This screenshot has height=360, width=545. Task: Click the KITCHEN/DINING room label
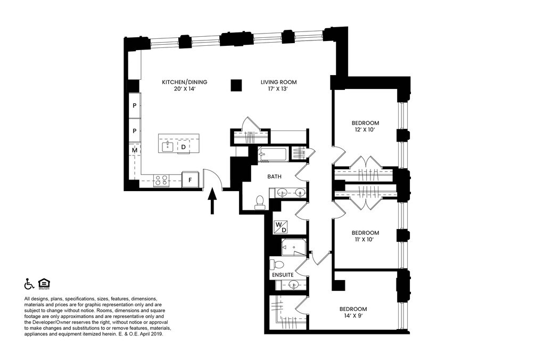tap(184, 82)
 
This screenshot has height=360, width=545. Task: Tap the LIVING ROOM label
tap(278, 82)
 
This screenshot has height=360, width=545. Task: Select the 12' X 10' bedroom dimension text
tap(365, 130)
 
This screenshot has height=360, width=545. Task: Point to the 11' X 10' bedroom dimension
tap(365, 240)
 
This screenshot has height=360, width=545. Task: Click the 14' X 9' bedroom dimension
tap(353, 316)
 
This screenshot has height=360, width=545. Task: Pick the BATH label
tap(274, 176)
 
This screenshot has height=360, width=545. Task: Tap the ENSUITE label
tap(283, 275)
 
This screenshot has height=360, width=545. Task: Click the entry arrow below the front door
tap(212, 202)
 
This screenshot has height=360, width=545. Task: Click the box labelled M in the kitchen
tap(135, 151)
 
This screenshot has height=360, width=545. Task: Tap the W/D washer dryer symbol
tap(280, 227)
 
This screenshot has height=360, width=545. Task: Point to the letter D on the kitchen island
tap(184, 146)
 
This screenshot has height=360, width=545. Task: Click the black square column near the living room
tap(236, 85)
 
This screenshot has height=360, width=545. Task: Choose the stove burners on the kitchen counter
tap(161, 181)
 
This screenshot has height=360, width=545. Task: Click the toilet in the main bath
tap(260, 202)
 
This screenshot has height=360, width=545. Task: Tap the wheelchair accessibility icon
tap(29, 283)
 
